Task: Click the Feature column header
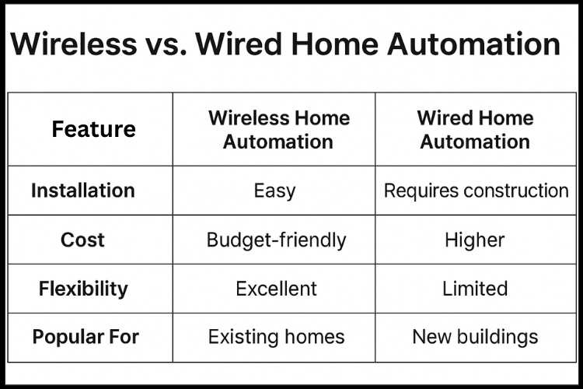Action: tap(93, 129)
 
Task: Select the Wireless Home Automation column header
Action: tap(278, 130)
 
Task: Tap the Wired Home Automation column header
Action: tap(475, 130)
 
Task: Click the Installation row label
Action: tap(82, 191)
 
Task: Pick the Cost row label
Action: tap(82, 240)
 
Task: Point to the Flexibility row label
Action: tap(82, 289)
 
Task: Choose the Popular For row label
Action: tap(86, 337)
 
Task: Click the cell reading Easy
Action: tap(274, 191)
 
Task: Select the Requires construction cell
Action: tap(476, 191)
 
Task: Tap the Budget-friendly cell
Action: tap(276, 240)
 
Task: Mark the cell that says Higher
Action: tap(475, 240)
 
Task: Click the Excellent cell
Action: tap(276, 289)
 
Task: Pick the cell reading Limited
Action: tap(475, 289)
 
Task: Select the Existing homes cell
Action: tap(276, 337)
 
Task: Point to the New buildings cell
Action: tap(475, 337)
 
